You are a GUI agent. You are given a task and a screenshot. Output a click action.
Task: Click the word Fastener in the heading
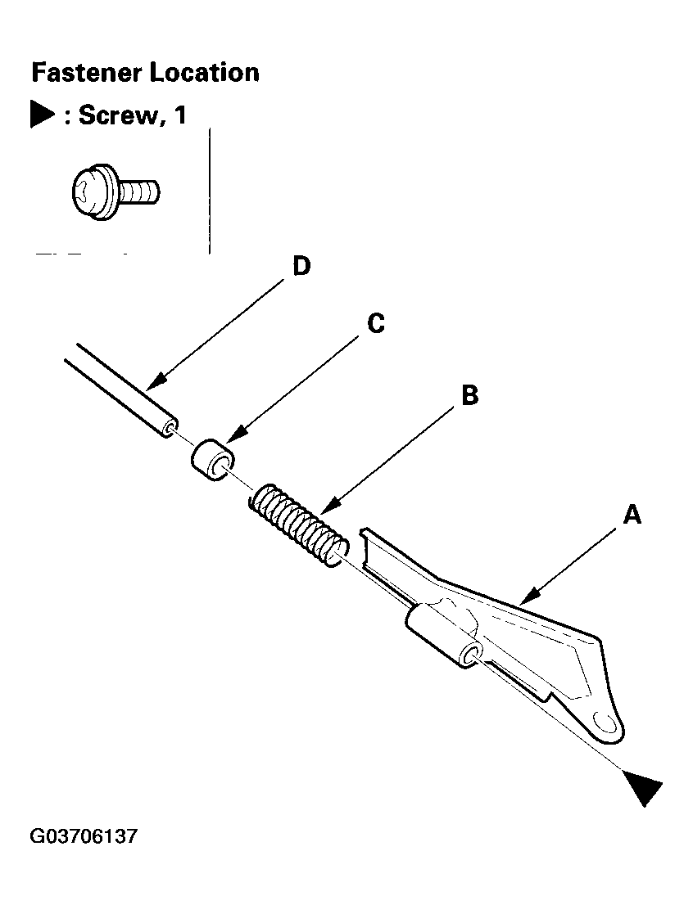pos(88,73)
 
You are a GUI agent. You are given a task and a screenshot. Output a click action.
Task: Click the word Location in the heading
pos(205,73)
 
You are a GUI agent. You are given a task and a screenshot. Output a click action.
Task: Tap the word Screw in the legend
pos(118,115)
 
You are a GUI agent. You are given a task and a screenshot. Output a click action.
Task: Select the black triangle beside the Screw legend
pos(43,115)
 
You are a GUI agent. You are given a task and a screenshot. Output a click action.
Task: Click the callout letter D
pos(301,267)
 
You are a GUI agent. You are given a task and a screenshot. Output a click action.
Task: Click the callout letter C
pos(376,323)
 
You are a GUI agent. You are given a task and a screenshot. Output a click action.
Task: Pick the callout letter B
pos(470,395)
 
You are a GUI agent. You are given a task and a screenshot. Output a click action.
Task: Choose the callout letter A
pos(632,514)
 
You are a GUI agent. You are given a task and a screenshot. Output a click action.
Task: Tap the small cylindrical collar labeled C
pos(213,460)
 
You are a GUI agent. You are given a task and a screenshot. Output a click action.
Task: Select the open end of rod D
pos(170,428)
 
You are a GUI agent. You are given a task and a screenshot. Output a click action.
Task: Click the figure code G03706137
pos(84,835)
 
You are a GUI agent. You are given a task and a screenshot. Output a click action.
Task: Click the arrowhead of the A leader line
pos(528,597)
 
